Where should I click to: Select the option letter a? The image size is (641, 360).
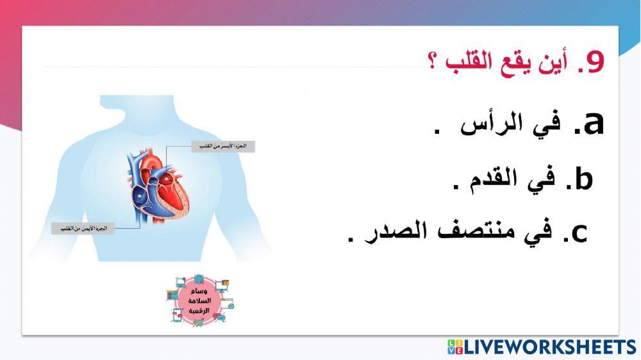coord(592,123)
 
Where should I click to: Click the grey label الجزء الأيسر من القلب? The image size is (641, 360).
coord(223,147)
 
